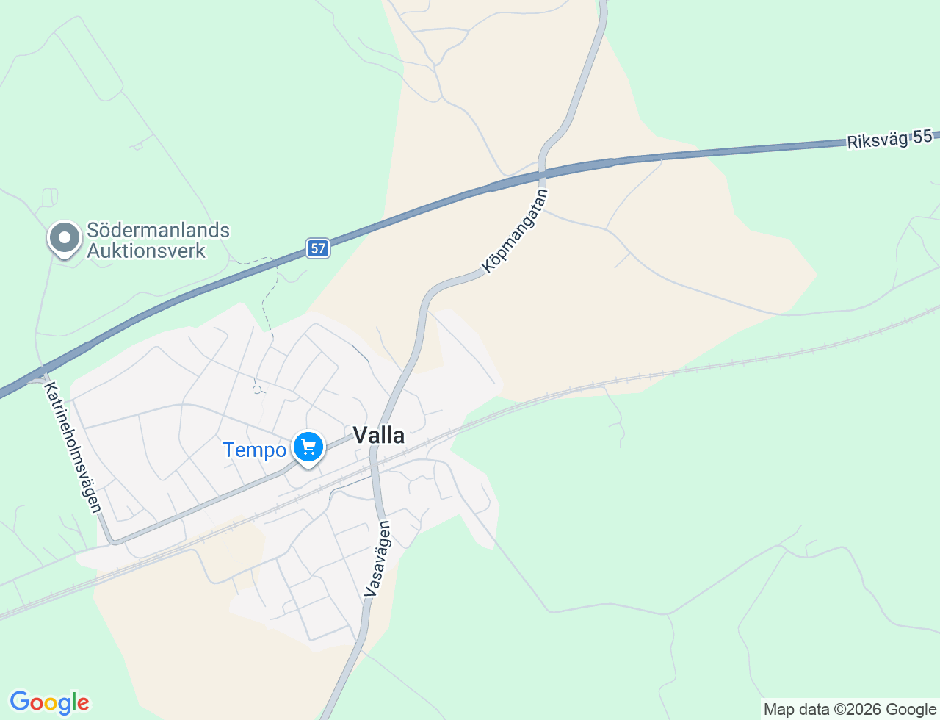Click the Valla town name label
(379, 436)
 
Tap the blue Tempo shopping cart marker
(308, 447)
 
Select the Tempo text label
(254, 450)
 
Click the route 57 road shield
(318, 248)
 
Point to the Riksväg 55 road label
(889, 139)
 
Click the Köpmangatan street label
(516, 230)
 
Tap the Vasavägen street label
(377, 558)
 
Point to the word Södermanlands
(158, 230)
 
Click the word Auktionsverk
(146, 251)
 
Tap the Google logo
(49, 702)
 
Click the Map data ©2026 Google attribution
(850, 709)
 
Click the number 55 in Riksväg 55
(922, 136)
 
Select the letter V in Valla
(360, 436)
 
